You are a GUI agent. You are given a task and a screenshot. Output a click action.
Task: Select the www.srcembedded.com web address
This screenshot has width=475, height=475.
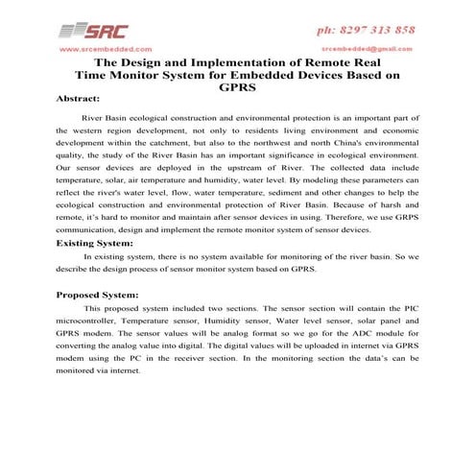pyautogui.click(x=105, y=48)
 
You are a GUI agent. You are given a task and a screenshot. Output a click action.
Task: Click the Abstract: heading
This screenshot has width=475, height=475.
pyautogui.click(x=79, y=100)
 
